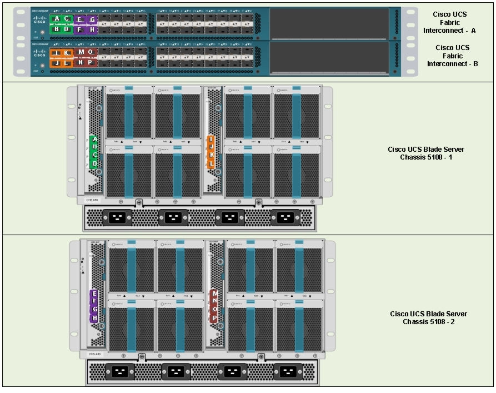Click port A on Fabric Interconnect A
(56, 19)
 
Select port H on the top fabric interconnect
(92, 29)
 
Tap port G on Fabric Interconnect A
(92, 19)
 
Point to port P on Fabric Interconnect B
(90, 62)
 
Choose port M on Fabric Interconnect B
(81, 52)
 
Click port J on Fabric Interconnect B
(56, 63)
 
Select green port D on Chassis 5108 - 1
(95, 163)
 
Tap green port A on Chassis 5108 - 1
(95, 139)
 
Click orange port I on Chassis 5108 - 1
(211, 139)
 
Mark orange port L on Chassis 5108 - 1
(211, 163)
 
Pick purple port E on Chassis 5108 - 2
(95, 293)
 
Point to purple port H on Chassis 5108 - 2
(95, 318)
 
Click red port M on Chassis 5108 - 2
(215, 293)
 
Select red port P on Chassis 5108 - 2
(215, 318)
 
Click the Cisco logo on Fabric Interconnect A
(40, 20)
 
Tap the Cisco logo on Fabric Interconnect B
(40, 53)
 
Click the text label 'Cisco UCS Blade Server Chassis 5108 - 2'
(428, 318)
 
